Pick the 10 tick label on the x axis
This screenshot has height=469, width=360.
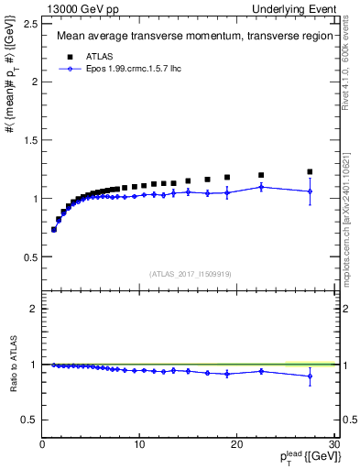[139, 445]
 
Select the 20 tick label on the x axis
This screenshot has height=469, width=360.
[236, 445]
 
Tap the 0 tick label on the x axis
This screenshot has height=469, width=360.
[42, 445]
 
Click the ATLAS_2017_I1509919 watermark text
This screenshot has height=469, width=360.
[189, 272]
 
